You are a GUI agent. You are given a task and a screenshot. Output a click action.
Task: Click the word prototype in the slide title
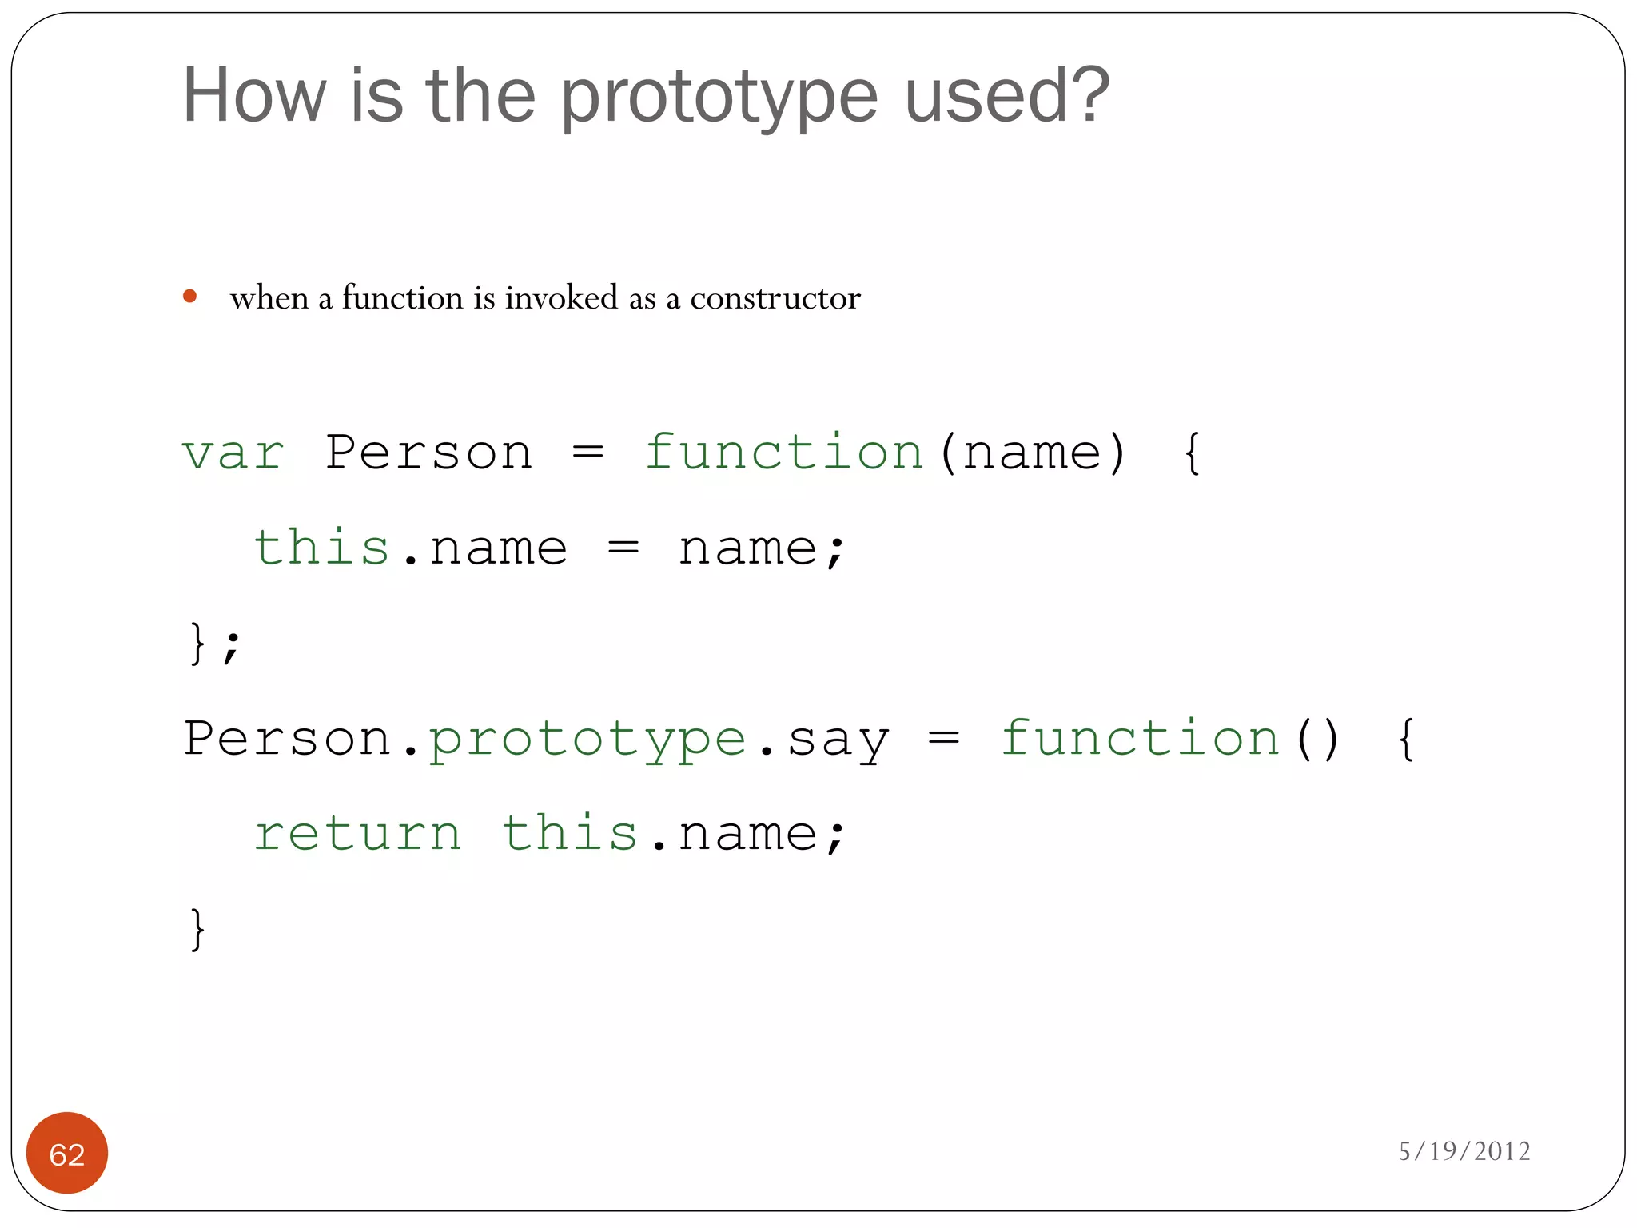719,98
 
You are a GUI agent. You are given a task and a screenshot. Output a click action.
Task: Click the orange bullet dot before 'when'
189,297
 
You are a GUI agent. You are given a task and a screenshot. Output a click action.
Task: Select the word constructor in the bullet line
775,298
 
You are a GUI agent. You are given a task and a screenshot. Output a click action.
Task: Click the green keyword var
233,453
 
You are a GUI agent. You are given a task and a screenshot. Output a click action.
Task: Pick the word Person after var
428,453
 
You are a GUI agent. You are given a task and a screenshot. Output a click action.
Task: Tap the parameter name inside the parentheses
1032,453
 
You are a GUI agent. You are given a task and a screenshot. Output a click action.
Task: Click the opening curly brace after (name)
1192,453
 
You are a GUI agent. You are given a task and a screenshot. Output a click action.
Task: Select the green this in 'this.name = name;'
321,548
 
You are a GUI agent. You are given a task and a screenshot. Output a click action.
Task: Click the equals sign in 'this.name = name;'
623,548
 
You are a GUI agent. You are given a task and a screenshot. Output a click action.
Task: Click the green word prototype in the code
587,740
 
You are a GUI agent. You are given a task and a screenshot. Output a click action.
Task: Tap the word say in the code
838,740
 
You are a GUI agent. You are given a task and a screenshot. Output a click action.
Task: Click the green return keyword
357,834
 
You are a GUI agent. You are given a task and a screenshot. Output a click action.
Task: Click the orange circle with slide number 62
67,1153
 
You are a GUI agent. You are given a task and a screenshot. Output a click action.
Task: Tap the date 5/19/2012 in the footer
1464,1151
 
